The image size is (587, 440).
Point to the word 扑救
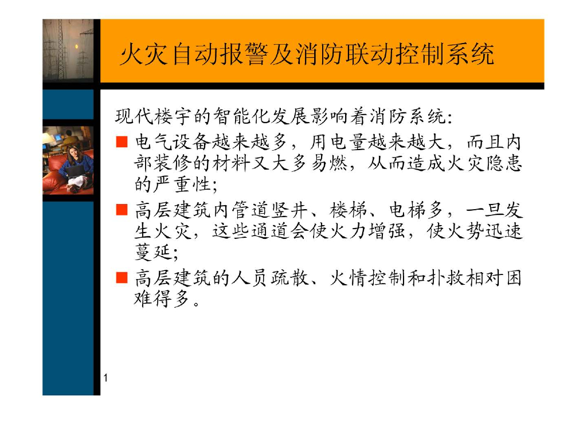435,278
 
